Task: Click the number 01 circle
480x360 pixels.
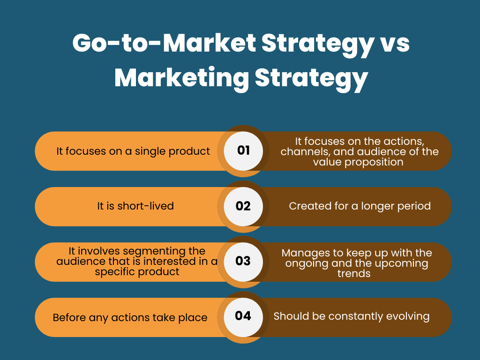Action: pos(243,150)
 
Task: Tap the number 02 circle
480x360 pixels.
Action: pos(243,206)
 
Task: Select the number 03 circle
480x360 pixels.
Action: pos(243,261)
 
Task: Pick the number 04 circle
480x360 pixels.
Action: pos(243,315)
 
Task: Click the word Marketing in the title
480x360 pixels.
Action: pos(181,77)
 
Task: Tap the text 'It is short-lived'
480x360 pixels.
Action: pos(135,206)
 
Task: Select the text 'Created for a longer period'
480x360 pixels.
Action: pos(360,206)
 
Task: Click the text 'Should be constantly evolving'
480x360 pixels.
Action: pos(352,316)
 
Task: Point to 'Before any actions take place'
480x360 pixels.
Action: pos(130,317)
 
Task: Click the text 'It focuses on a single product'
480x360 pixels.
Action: pos(133,151)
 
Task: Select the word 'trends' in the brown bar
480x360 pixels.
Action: pos(354,273)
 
